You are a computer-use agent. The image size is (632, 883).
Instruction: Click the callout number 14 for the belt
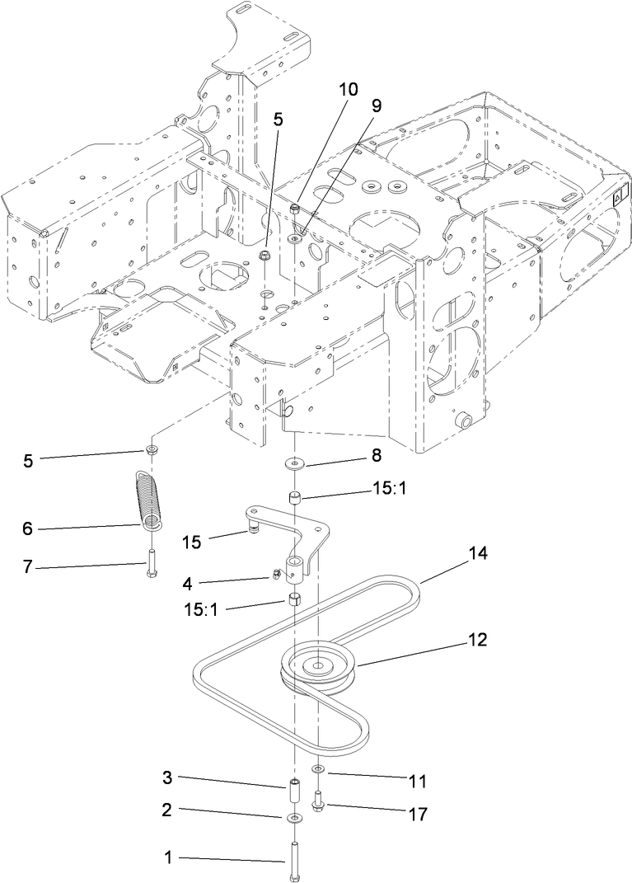coord(478,554)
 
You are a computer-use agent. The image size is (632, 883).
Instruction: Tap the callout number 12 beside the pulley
coord(477,638)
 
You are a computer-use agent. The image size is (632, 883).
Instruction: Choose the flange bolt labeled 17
coord(319,800)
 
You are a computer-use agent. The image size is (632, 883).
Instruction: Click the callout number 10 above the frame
coord(348,89)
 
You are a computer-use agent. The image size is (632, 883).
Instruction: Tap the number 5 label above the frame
coord(278,118)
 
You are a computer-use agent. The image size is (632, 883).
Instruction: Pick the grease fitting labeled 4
coord(271,575)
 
